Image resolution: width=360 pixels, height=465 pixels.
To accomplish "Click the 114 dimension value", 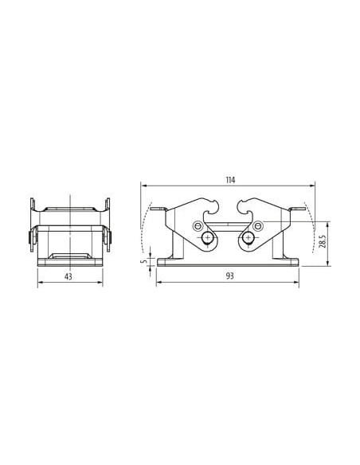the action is [230, 180].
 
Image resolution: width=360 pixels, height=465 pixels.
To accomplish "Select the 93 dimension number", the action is [230, 276].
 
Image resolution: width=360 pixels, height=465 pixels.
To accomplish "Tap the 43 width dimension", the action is [68, 276].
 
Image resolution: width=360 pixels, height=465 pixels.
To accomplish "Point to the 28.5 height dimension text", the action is [323, 241].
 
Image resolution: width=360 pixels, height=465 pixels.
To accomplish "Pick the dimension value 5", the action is [145, 261].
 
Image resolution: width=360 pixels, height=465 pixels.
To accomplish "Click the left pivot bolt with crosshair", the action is [207, 238].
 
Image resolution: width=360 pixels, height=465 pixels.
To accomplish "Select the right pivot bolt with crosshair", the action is [248, 238].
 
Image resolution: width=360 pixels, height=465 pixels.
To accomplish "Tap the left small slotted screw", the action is [198, 226].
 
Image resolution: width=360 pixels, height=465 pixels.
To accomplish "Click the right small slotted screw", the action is [258, 226].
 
